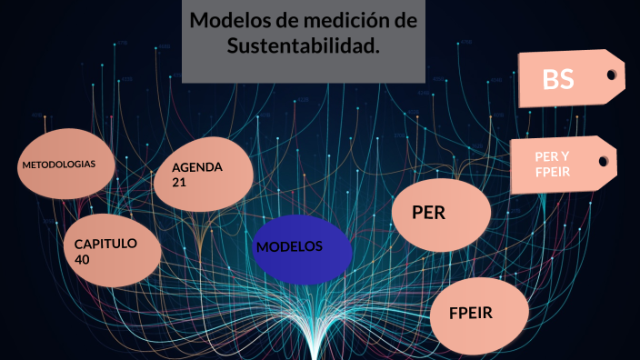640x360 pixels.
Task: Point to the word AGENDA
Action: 197,167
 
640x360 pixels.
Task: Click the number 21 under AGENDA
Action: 180,182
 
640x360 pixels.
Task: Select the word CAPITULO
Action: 105,244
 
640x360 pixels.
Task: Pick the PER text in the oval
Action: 428,213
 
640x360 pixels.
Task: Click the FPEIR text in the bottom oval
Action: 471,314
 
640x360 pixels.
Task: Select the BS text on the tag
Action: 557,80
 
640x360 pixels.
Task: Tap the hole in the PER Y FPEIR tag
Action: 604,161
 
